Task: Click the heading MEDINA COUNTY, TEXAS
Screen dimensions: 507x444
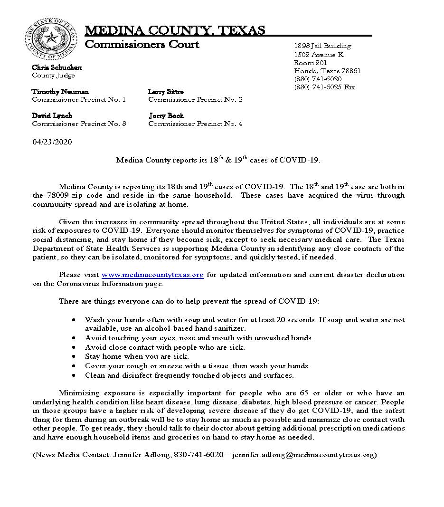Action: coord(175,31)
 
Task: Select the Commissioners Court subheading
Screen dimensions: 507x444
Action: coord(142,45)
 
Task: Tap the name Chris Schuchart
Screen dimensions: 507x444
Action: coord(57,67)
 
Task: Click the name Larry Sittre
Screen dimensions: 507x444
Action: coord(166,91)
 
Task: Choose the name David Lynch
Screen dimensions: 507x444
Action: coord(52,115)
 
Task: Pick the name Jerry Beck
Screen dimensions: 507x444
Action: coord(166,115)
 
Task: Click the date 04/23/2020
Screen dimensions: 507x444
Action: coord(52,142)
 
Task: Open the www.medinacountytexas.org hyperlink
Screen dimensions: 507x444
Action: coord(152,275)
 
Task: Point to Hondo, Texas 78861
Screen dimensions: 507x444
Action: coord(327,71)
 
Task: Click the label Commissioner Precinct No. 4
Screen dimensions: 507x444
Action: coord(195,124)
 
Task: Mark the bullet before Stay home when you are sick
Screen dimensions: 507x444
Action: coord(74,356)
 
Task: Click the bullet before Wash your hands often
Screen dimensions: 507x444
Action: coord(74,320)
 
